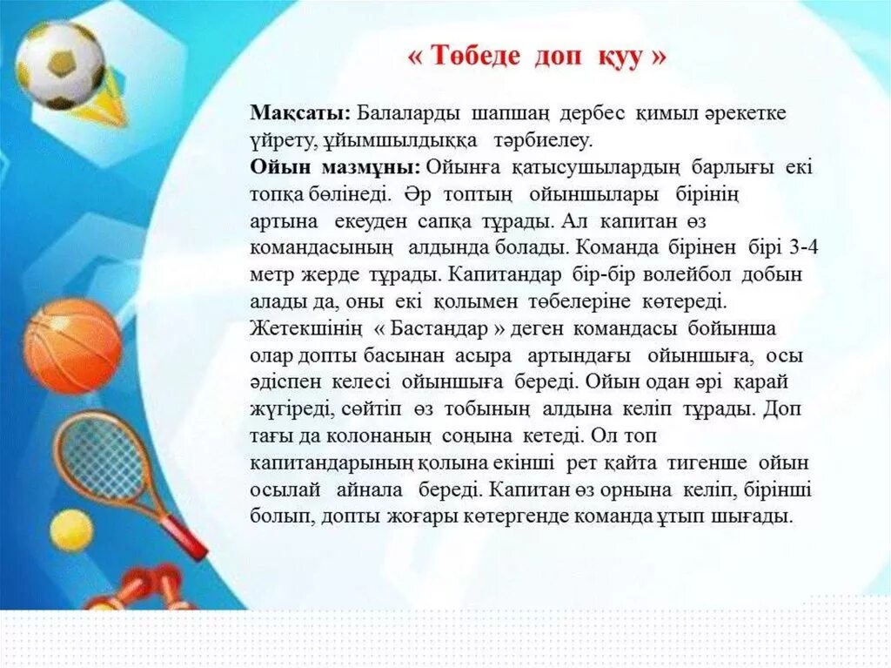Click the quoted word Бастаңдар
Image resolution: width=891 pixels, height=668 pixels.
click(442, 329)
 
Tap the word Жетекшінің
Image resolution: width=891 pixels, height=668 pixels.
click(303, 329)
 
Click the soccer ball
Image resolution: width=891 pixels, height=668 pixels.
click(59, 65)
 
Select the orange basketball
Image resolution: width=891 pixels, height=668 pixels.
click(72, 346)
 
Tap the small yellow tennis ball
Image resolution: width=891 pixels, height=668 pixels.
click(70, 530)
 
